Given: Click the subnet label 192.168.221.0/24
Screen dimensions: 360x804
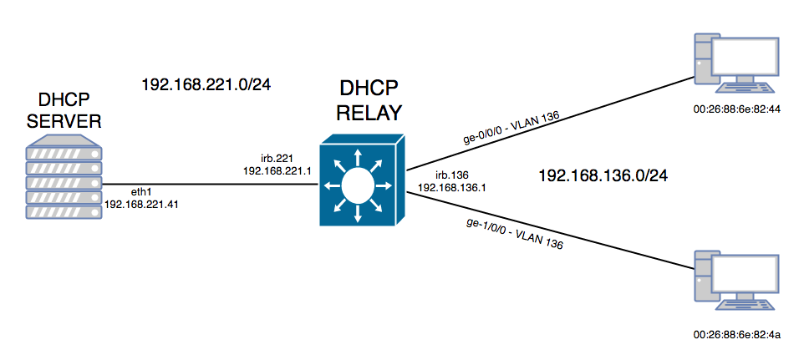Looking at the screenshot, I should point(208,84).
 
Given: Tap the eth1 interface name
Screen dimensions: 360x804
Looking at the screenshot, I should point(120,190).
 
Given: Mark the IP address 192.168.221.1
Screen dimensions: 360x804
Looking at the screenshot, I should point(276,170).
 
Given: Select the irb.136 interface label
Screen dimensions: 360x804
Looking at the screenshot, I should point(451,175).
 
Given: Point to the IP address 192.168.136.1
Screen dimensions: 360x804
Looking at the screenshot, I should point(451,189).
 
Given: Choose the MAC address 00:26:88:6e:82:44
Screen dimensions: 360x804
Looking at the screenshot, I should point(730,109).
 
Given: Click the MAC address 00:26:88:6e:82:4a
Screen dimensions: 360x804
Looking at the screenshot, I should point(730,335).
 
